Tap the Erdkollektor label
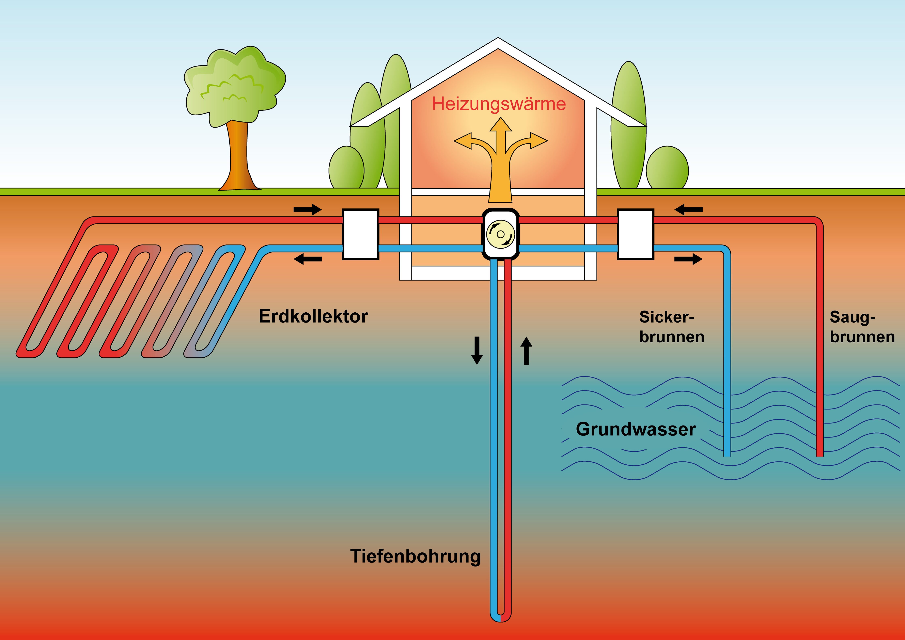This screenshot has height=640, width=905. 313,316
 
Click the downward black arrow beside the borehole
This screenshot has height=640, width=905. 477,350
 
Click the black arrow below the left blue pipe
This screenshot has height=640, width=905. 308,259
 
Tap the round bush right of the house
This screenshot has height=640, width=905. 667,168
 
